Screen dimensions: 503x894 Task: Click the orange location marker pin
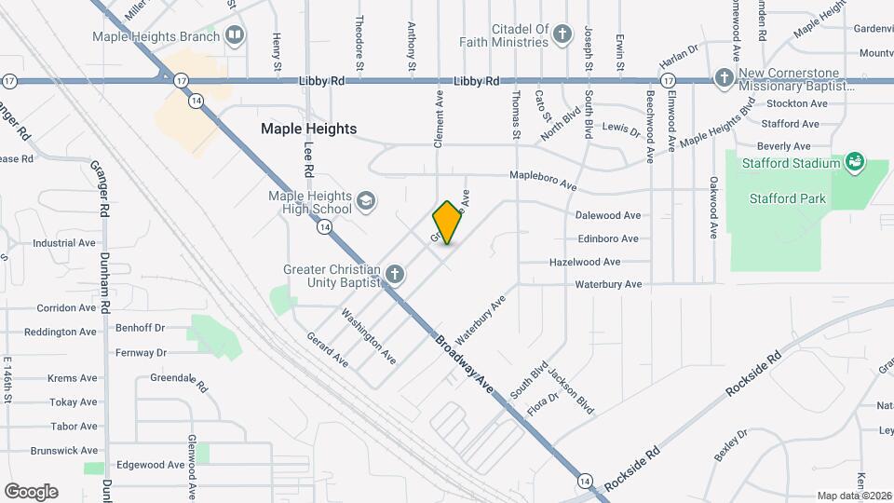tap(447, 223)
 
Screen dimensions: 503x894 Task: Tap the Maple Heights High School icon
tap(367, 201)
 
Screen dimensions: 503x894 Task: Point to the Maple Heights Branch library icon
tap(235, 37)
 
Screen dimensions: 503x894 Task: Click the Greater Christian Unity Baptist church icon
tap(395, 274)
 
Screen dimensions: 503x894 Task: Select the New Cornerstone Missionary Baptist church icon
tap(724, 78)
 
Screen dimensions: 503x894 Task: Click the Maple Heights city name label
tap(308, 129)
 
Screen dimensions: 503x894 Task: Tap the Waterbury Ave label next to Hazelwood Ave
tap(608, 284)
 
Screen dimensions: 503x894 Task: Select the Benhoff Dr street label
tap(140, 328)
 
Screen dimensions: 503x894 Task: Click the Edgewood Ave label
tap(150, 465)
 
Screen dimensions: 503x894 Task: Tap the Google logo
tap(31, 491)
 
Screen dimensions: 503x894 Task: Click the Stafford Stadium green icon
tap(854, 164)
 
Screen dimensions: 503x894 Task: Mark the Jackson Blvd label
tap(571, 391)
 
